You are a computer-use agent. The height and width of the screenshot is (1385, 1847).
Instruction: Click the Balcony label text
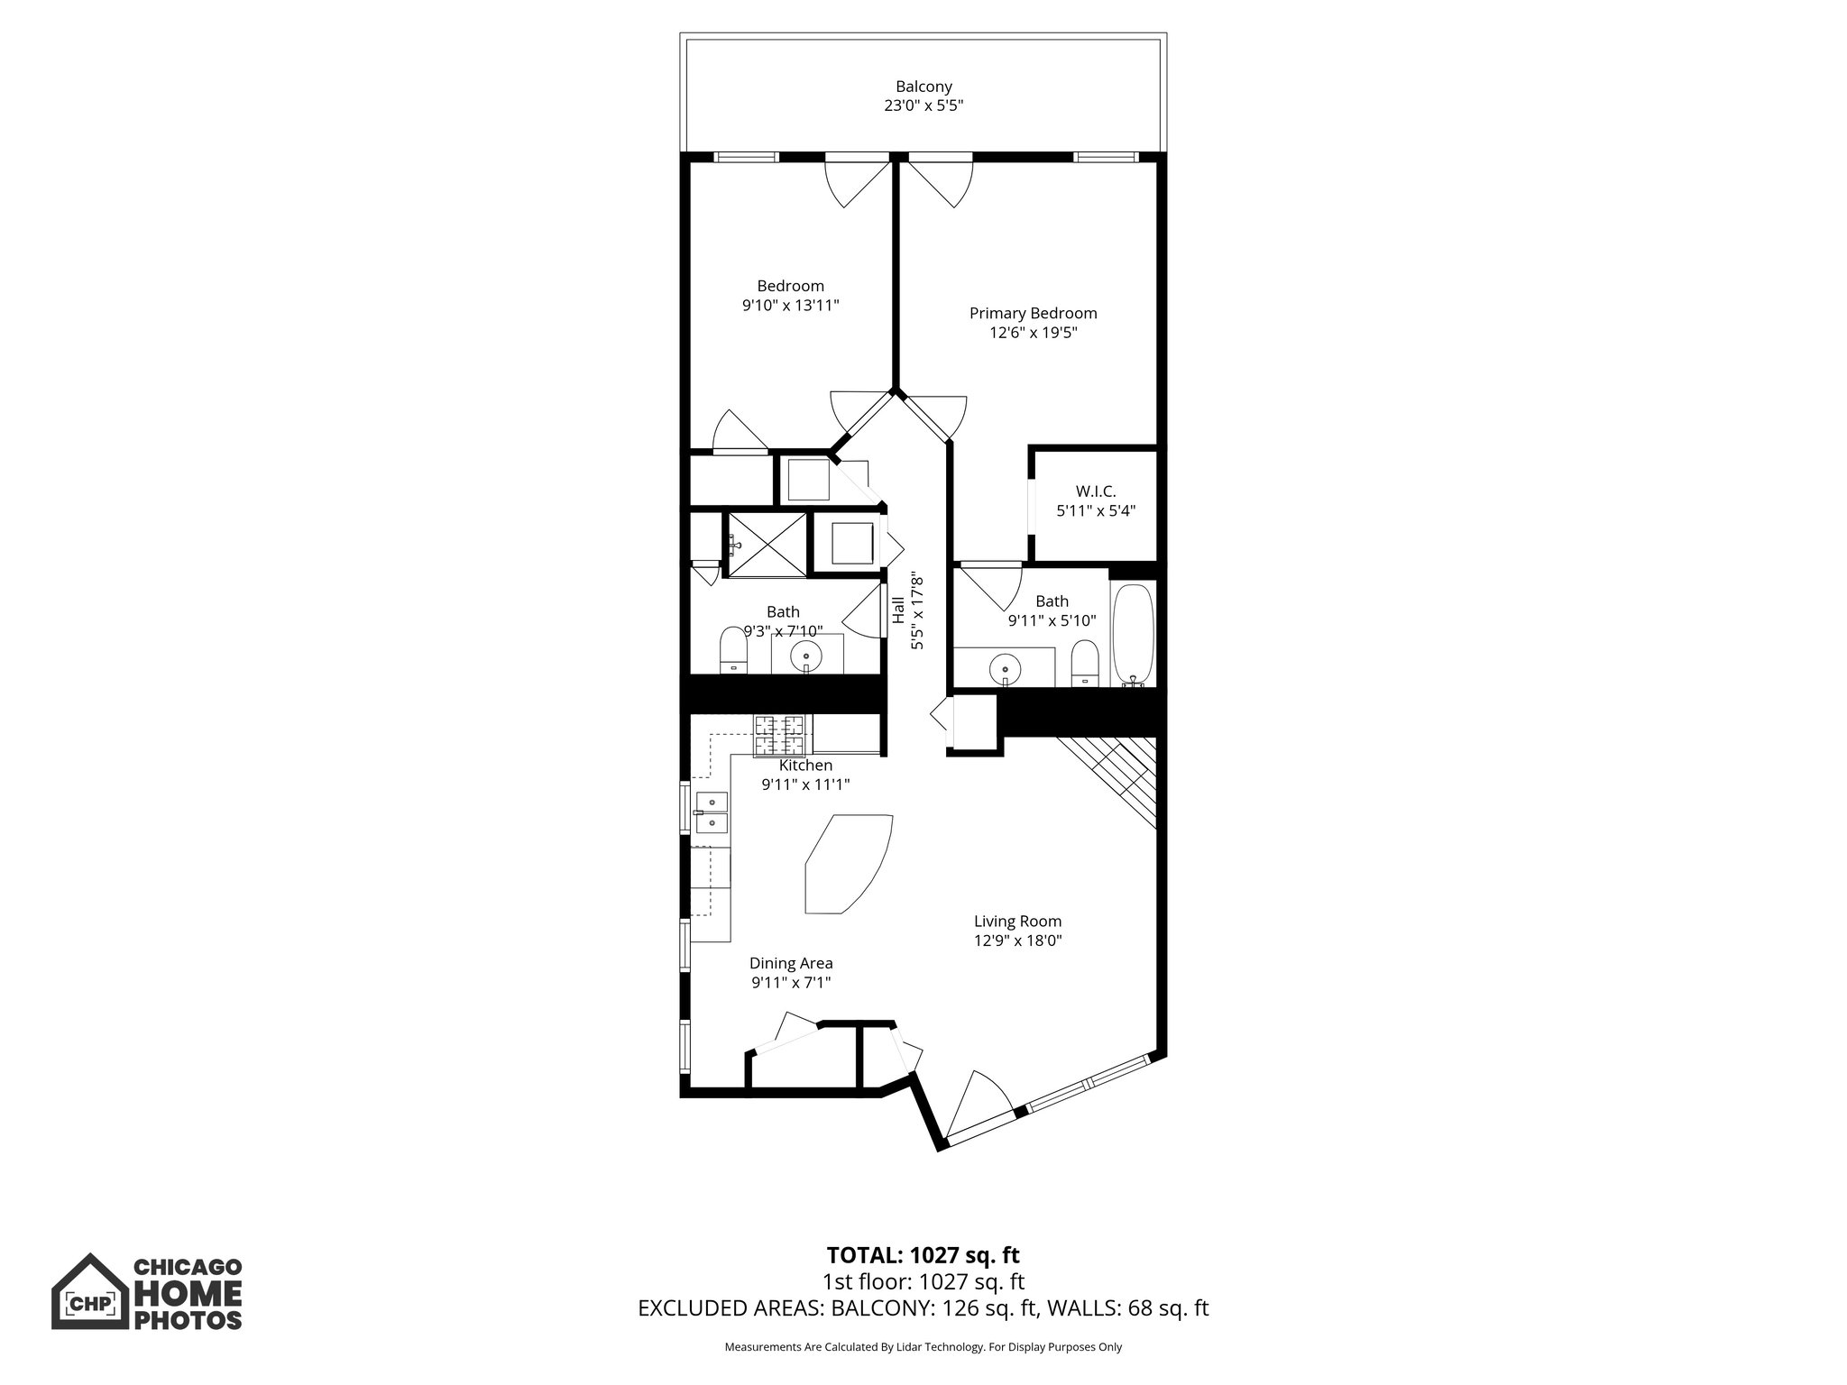[923, 87]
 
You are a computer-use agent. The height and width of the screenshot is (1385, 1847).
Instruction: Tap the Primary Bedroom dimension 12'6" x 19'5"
[1033, 333]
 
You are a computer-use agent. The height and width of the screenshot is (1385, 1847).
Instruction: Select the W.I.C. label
[1095, 491]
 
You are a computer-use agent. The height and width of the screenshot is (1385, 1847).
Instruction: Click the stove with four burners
[780, 734]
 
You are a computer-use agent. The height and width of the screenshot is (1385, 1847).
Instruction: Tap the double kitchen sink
[712, 812]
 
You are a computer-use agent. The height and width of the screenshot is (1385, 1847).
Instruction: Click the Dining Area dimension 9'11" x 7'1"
[790, 983]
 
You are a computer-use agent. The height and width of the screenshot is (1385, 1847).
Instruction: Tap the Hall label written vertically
[898, 610]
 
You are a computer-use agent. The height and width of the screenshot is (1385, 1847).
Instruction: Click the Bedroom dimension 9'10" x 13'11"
[790, 306]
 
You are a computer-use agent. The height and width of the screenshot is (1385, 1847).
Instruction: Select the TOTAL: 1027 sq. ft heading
[923, 1254]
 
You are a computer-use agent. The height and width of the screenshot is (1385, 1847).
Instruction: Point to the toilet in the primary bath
[1084, 665]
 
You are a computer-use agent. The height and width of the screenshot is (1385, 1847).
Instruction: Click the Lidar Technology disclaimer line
[923, 1347]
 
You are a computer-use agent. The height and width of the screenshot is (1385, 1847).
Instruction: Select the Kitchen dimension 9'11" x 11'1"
[805, 784]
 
